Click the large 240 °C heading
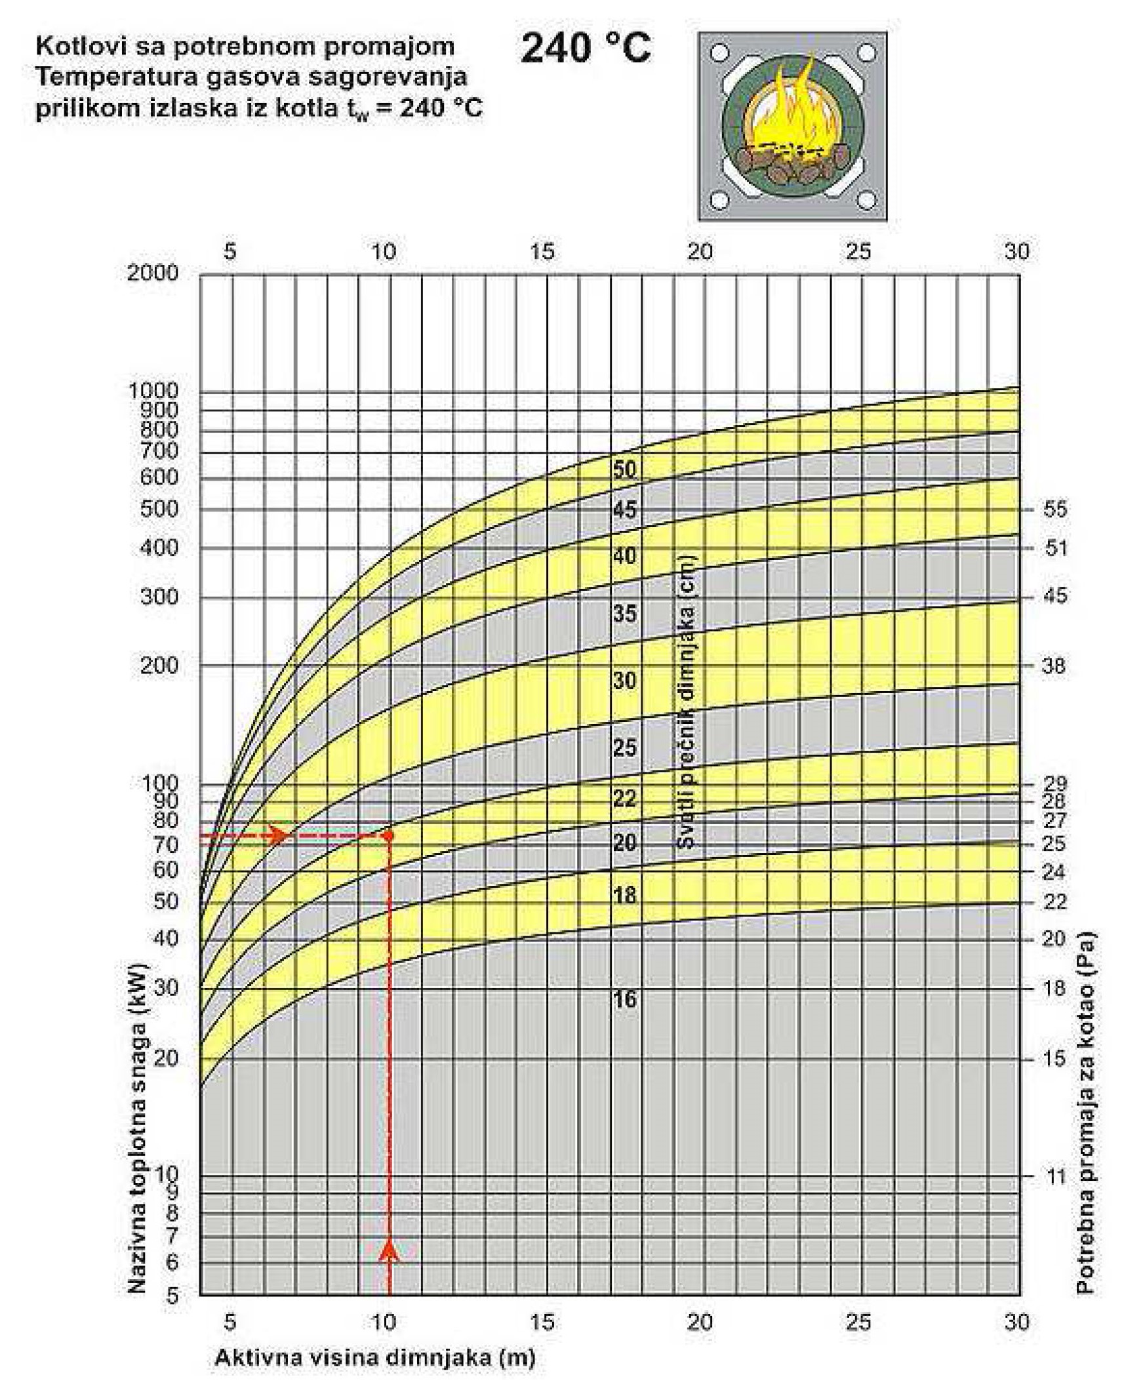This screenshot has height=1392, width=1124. point(586,49)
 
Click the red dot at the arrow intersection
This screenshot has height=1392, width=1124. point(388,836)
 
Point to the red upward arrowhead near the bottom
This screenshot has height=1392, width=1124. point(390,1250)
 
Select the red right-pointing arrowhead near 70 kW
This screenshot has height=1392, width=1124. point(279,835)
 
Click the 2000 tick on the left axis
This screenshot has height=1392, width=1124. point(153,273)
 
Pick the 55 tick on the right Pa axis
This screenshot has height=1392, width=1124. point(1054,509)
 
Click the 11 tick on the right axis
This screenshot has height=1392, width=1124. point(1055,1176)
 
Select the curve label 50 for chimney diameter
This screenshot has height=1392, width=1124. point(624,469)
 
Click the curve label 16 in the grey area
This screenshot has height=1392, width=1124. point(624,999)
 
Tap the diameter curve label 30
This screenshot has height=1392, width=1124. point(624,681)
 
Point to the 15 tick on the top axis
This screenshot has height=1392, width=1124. point(542,251)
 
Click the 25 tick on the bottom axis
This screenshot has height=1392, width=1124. point(858,1322)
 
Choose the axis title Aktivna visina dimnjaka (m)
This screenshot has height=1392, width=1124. point(374,1357)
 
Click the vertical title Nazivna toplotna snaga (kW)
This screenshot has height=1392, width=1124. point(137,1126)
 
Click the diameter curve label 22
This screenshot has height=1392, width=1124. point(624,799)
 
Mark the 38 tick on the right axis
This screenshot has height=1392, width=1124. point(1054,666)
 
